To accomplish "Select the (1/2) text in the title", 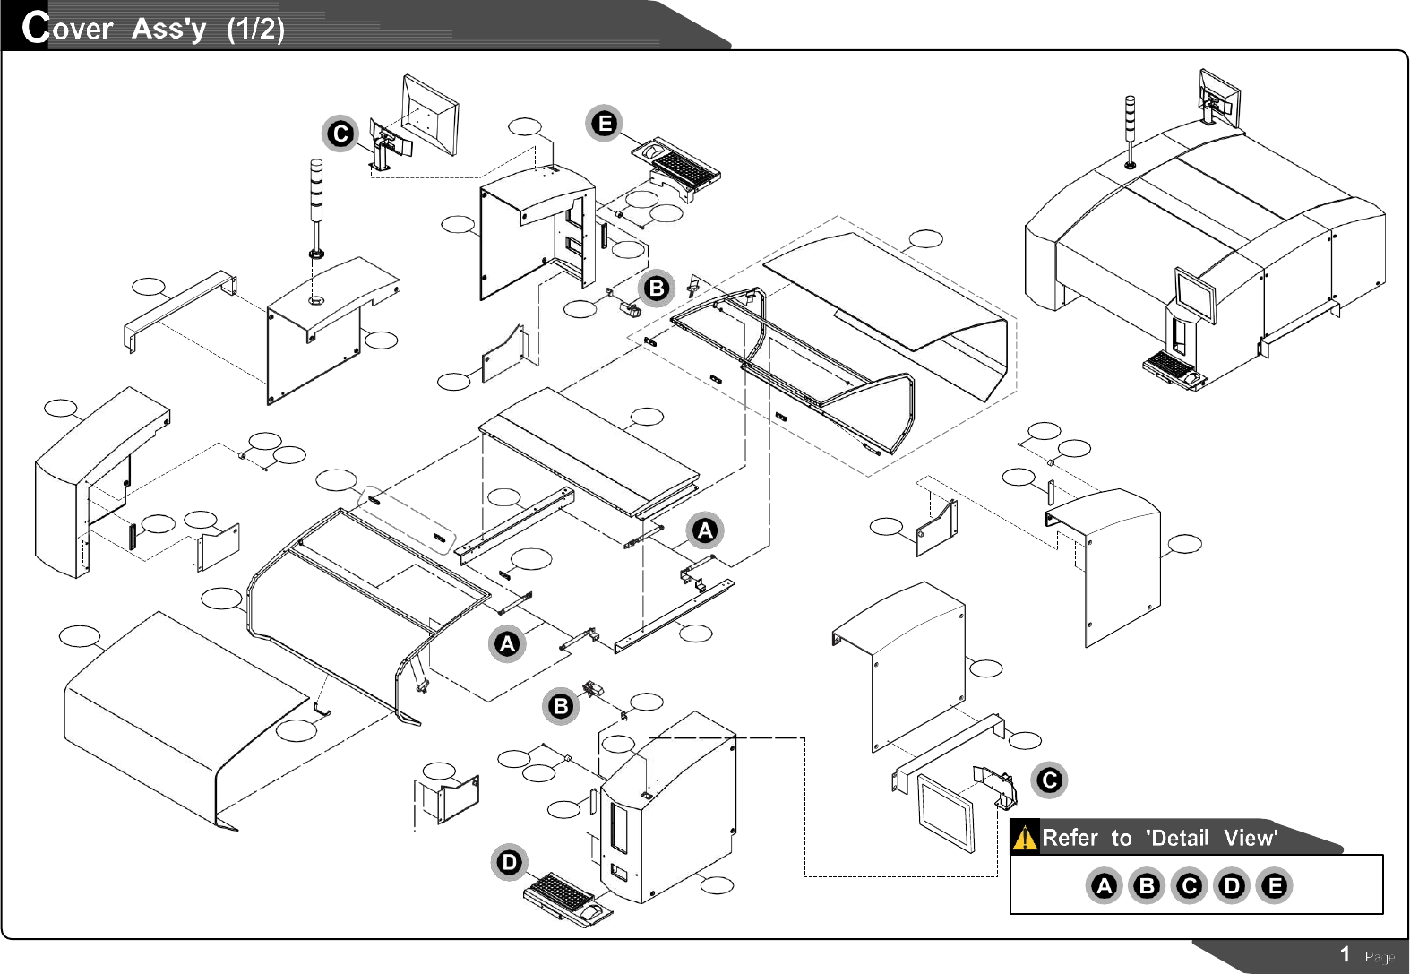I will [255, 29].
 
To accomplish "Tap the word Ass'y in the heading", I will [168, 29].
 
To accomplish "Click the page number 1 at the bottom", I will [1345, 954].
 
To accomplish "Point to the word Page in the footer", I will [1380, 957].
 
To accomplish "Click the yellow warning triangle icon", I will [1025, 839].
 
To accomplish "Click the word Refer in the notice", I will [1070, 838].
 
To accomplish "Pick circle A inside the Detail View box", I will [1104, 886].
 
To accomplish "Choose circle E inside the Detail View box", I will [1274, 886].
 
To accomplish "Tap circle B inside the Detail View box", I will [1146, 886].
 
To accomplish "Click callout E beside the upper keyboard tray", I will [605, 123].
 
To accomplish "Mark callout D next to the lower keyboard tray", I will [509, 863].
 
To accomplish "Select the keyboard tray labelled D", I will [569, 899].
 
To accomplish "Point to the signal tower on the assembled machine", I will [1131, 131].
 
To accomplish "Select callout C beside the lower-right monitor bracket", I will [1049, 780].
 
